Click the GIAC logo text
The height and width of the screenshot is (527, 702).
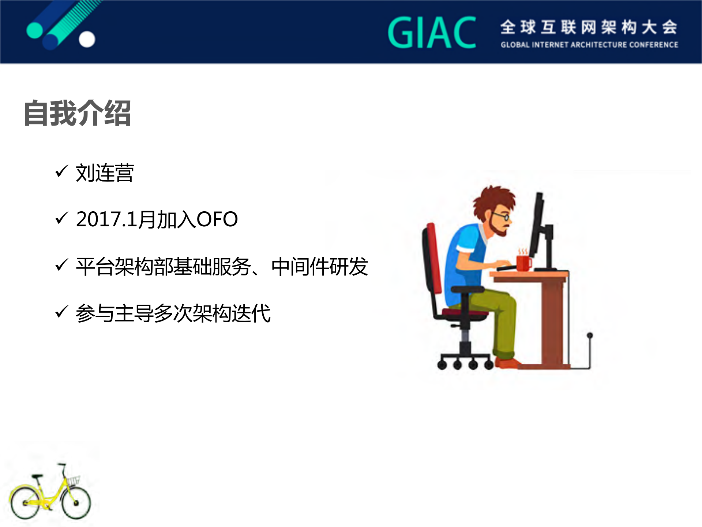coord(432,33)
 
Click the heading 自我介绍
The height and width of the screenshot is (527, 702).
coord(77,113)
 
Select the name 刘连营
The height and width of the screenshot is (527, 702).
coord(105,173)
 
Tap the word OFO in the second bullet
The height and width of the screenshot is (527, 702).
coord(217,219)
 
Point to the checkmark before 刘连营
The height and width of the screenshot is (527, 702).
coord(61,171)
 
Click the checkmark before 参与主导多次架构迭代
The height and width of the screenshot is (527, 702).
coord(61,312)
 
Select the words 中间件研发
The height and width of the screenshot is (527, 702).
coord(319,267)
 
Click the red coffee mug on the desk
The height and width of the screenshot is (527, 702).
coord(523,263)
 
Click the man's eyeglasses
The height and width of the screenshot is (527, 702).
coord(501,216)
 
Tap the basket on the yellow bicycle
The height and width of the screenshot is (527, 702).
coord(73,480)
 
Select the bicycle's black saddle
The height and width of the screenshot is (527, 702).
coord(37,476)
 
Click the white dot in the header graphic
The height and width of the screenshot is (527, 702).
coord(87,39)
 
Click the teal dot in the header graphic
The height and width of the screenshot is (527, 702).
coord(35,30)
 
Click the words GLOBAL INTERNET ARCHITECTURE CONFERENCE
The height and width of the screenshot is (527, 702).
coord(589,45)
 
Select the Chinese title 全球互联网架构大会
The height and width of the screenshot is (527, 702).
coord(589,27)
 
